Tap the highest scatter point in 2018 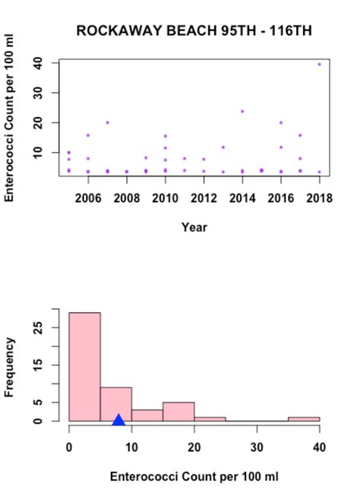[x=319, y=65]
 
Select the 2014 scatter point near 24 [x=242, y=112]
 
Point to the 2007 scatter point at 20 [x=108, y=122]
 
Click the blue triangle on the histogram [x=118, y=419]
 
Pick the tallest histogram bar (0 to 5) [x=84, y=366]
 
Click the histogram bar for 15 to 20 [x=178, y=411]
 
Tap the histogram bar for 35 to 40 [x=304, y=418]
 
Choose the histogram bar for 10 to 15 [x=147, y=415]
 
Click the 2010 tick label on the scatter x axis [x=165, y=198]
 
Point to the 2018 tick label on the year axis [x=319, y=198]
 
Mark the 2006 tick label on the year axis [x=88, y=198]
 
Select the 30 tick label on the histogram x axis [x=257, y=447]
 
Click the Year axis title [x=194, y=226]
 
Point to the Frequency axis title [x=10, y=368]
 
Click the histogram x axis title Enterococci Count [x=195, y=477]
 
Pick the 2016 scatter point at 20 [x=281, y=122]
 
